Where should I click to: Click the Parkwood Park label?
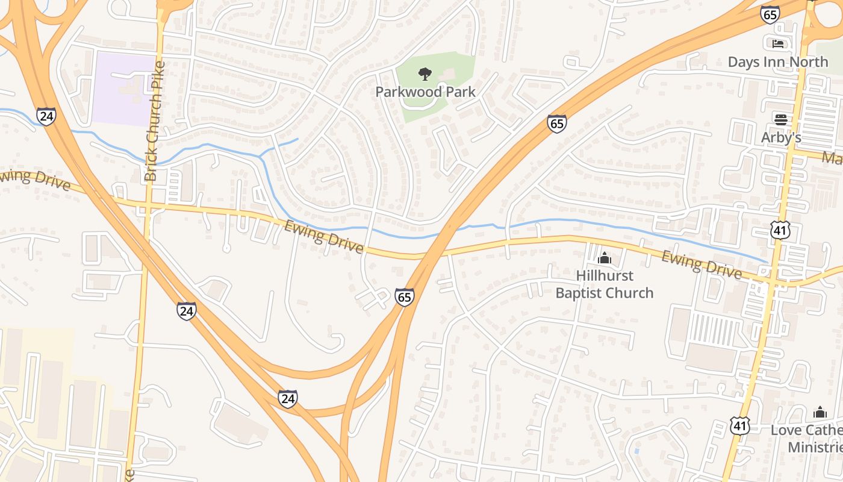coord(425,92)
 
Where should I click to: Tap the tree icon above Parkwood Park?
coord(425,74)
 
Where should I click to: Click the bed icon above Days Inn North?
coord(778,44)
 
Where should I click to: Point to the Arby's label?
coord(781,137)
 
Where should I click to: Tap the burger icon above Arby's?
coord(781,119)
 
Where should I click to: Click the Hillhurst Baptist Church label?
coord(604,284)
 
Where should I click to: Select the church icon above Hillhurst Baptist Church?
coord(604,259)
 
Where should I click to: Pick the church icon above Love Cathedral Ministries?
coord(820,413)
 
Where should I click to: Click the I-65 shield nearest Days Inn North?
coord(770,14)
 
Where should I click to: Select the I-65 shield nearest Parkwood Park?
coord(557,124)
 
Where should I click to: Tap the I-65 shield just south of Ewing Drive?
coord(405,297)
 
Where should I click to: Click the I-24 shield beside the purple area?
coord(46,116)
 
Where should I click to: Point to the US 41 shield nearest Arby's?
coord(779,230)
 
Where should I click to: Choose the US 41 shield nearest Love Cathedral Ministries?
coord(740,425)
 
